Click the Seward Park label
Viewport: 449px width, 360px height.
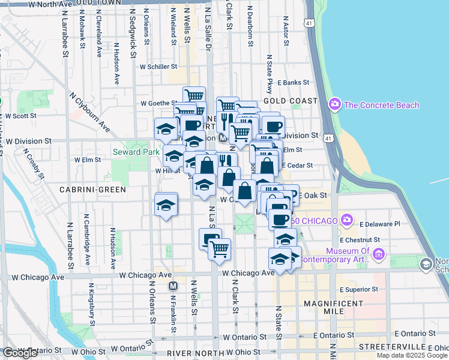(136, 152)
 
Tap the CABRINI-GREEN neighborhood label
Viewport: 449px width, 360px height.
(92, 190)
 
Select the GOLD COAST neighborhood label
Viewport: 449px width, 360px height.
(289, 101)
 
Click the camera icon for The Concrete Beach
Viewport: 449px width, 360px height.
(335, 105)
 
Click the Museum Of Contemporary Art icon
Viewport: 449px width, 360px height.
(378, 254)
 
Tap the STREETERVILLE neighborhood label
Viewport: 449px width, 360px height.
(393, 347)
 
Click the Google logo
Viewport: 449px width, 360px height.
(20, 353)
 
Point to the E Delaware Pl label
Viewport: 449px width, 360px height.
(379, 224)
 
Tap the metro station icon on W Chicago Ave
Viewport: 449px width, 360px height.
(173, 286)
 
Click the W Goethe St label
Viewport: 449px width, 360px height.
(157, 103)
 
